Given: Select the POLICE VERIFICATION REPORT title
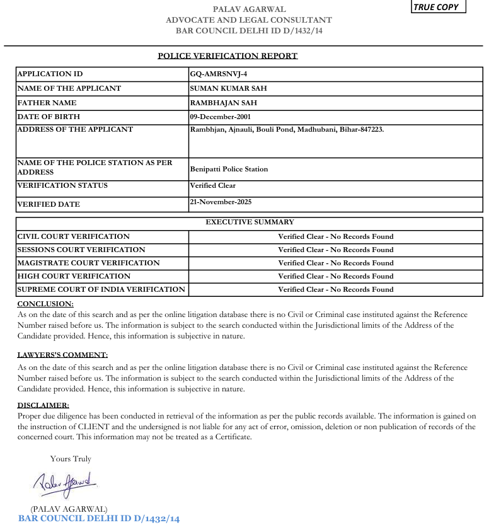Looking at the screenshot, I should click(227, 55).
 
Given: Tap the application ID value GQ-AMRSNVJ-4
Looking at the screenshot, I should click(219, 74).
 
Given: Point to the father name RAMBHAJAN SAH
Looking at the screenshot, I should click(223, 103).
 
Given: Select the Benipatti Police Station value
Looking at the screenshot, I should click(229, 169).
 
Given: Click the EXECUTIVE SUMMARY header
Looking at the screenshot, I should click(250, 222).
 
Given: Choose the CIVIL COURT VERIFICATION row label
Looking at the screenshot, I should click(74, 236).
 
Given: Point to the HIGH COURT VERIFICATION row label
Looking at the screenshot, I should click(74, 276).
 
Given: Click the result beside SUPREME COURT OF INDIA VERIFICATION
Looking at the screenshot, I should click(335, 289).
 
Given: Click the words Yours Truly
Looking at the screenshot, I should click(71, 459).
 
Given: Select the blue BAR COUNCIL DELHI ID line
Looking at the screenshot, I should click(99, 518).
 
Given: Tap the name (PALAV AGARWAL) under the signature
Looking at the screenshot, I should click(69, 509).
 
